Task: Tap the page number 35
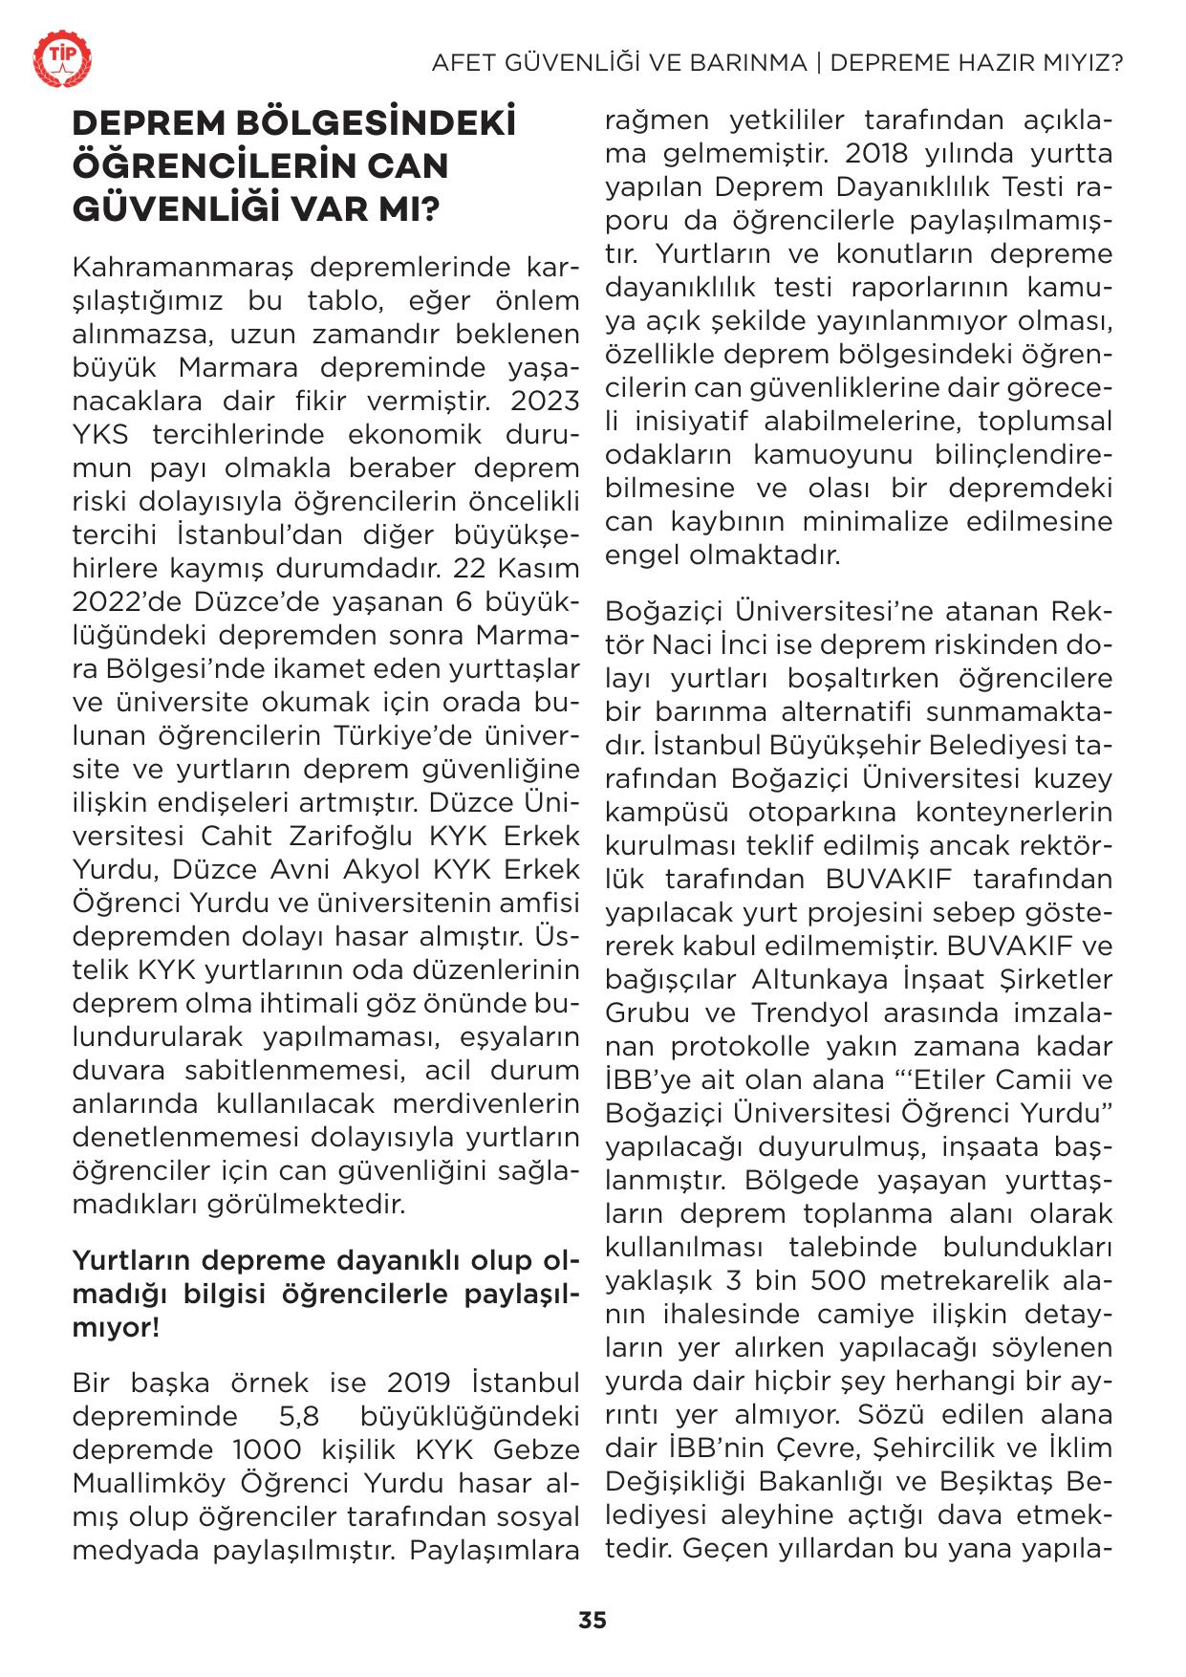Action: pos(593,1620)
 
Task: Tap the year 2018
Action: pos(889,153)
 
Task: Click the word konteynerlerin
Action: pos(1014,812)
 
